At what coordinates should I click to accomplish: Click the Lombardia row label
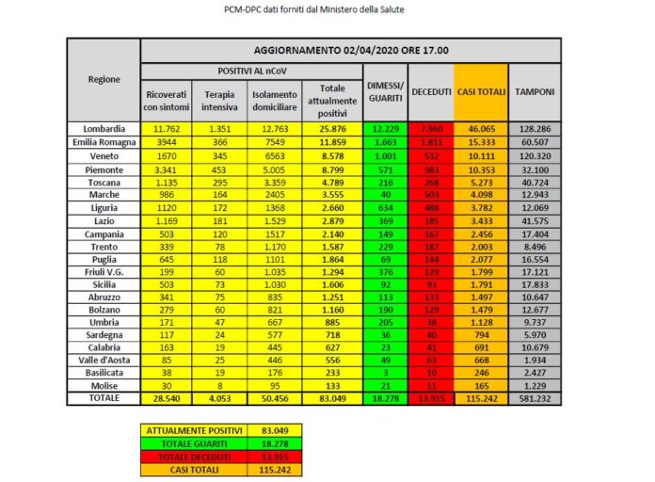[104, 128]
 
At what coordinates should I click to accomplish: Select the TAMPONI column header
[535, 92]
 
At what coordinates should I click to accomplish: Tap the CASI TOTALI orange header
[481, 92]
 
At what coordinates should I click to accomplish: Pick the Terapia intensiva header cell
[220, 101]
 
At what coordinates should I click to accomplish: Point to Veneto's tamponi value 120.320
[535, 154]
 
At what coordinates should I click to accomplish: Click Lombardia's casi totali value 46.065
[481, 128]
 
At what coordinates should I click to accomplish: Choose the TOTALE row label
[104, 398]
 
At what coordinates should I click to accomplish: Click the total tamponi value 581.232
[535, 398]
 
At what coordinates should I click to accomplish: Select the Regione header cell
[104, 79]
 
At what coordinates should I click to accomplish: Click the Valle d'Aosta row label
[104, 359]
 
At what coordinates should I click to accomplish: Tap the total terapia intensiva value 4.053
[220, 398]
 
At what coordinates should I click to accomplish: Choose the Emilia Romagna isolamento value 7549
[275, 141]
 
